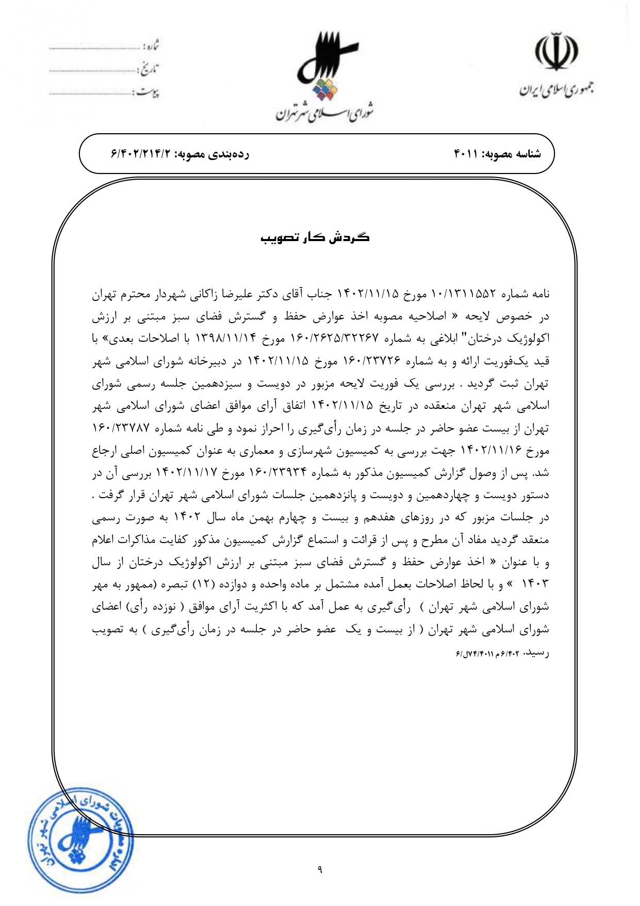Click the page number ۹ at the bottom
[320, 871]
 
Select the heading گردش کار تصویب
[315, 237]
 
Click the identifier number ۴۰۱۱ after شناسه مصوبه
[466, 154]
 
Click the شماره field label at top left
[150, 46]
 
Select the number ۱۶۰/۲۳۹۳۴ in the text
[278, 473]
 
